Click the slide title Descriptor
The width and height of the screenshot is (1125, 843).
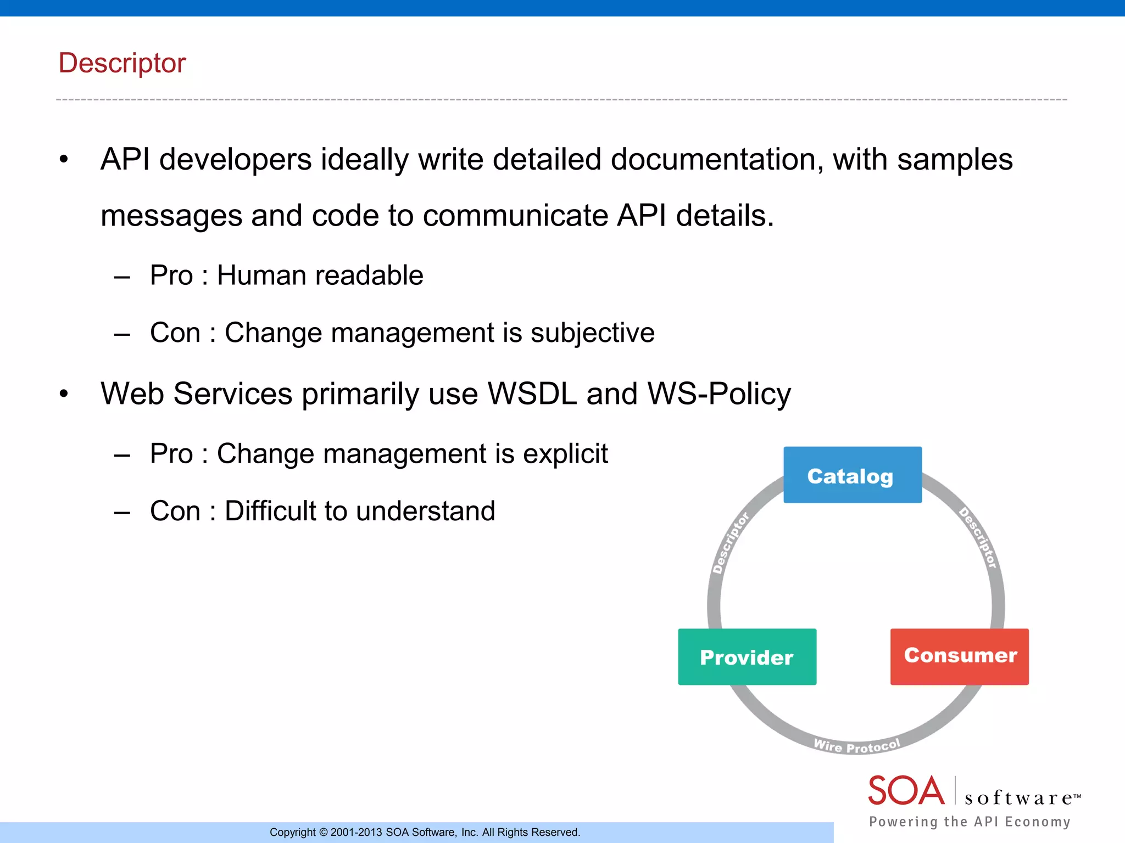[x=122, y=63]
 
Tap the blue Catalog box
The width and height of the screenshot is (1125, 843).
[x=852, y=475]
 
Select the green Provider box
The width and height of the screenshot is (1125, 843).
[x=747, y=657]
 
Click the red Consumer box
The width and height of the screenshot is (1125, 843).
[x=959, y=656]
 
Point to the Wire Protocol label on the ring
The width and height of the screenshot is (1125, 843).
[x=856, y=746]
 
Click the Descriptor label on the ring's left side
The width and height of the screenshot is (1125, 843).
[x=730, y=543]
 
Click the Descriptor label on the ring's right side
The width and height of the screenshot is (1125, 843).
[x=978, y=538]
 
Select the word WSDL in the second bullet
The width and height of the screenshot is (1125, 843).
[x=532, y=394]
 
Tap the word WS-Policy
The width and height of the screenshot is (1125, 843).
[x=719, y=394]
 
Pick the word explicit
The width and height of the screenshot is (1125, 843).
[x=565, y=454]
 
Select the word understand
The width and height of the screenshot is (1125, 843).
[x=425, y=512]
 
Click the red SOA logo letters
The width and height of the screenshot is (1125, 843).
[x=906, y=791]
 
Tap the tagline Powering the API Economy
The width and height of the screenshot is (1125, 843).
[x=970, y=822]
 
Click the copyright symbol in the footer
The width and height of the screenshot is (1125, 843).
[x=323, y=833]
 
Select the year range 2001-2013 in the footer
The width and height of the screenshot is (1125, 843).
[x=356, y=833]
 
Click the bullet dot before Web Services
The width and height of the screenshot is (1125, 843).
[x=64, y=394]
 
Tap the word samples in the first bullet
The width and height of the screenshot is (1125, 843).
[x=955, y=160]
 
